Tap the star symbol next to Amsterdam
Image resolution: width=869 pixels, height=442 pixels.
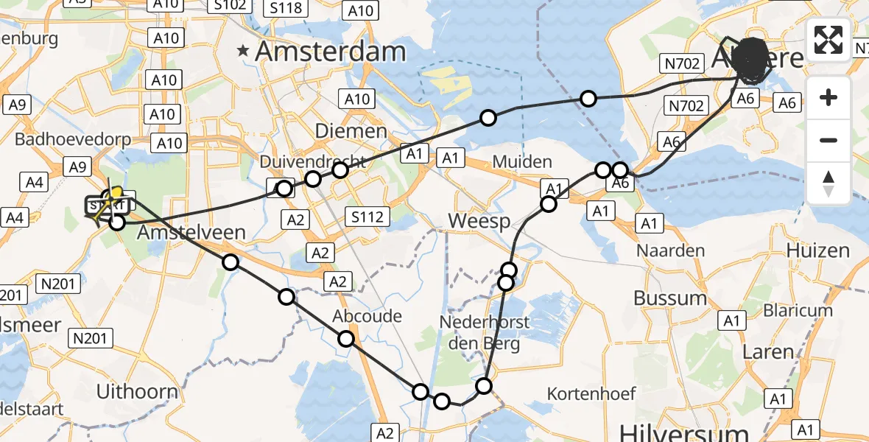pyautogui.click(x=242, y=52)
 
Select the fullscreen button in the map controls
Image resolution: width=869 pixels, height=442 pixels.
pyautogui.click(x=828, y=40)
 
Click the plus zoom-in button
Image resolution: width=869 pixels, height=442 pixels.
pyautogui.click(x=828, y=97)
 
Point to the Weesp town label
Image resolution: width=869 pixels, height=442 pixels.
pyautogui.click(x=479, y=222)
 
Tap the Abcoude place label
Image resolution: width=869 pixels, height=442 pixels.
pyautogui.click(x=367, y=316)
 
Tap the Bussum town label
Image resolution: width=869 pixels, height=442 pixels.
pyautogui.click(x=670, y=298)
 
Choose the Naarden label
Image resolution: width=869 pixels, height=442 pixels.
pyautogui.click(x=670, y=250)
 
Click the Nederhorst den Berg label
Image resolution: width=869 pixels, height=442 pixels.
pyautogui.click(x=479, y=332)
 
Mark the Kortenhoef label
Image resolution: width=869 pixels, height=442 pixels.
pyautogui.click(x=591, y=393)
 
